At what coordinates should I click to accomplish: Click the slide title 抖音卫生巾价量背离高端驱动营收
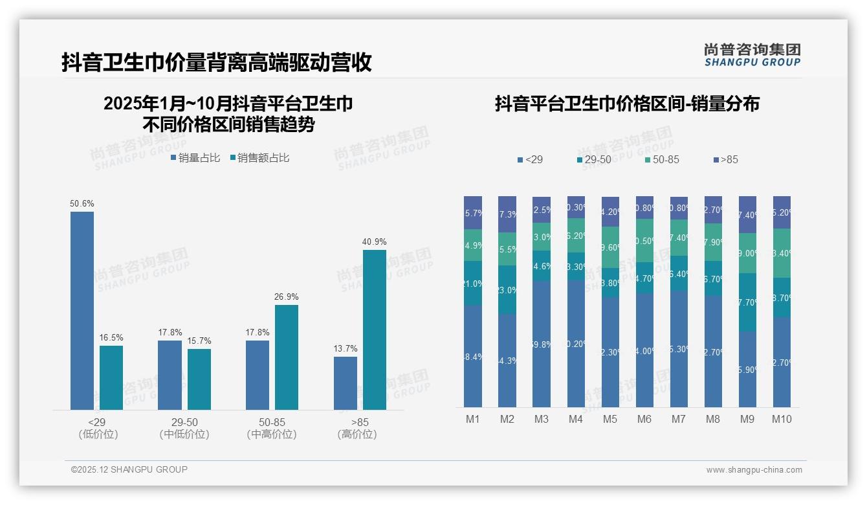pos(216,63)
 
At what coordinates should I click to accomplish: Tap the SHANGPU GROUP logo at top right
pos(752,55)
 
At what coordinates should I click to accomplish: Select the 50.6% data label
pos(82,203)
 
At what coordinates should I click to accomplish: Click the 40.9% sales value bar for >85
pos(374,330)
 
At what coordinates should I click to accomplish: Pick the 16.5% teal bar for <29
pos(111,377)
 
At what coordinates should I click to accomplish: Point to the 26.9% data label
pos(287,297)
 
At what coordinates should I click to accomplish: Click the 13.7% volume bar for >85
pos(346,383)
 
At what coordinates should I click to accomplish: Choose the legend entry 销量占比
pos(196,158)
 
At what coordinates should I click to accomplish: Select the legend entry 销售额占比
pos(259,158)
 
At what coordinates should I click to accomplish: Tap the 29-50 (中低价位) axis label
pos(184,429)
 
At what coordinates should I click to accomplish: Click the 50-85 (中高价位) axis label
pos(272,429)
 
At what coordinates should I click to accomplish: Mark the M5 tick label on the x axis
pos(610,419)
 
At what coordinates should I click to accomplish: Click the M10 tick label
pos(782,419)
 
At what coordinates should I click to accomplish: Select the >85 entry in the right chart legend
pos(725,159)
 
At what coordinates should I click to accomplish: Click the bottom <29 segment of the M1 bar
pos(473,356)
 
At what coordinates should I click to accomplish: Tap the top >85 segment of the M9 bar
pos(747,214)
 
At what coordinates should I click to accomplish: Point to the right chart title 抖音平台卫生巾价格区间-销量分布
pos(627,104)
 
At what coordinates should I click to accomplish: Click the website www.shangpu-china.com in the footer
pos(754,470)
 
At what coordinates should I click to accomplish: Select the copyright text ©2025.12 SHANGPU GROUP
pos(129,469)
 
